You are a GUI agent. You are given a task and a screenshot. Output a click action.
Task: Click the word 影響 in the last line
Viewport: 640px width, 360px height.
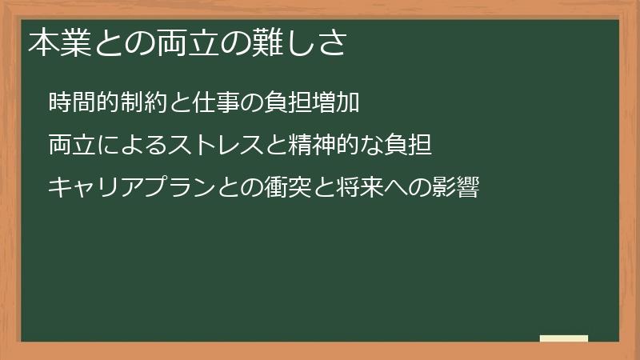pos(457,189)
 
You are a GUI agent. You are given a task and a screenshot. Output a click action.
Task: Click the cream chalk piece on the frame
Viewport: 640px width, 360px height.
pos(565,338)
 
